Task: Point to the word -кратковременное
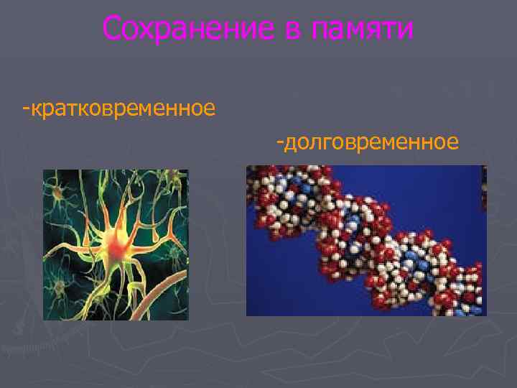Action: [x=119, y=110]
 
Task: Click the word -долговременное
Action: [x=367, y=142]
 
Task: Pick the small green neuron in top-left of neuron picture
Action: [x=57, y=191]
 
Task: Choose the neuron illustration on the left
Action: [x=116, y=244]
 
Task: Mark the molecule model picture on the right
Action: [x=366, y=241]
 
